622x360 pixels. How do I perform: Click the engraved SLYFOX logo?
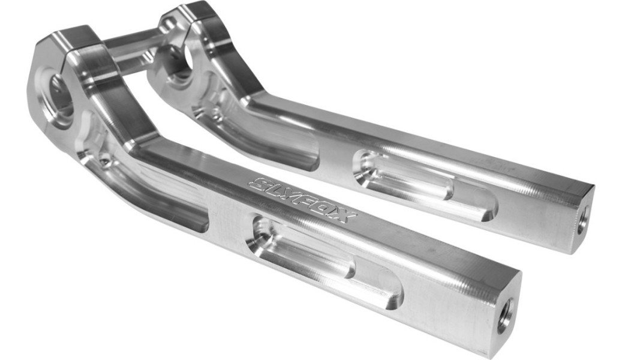pos(303,199)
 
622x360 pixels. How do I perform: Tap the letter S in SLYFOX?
pos(259,182)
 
